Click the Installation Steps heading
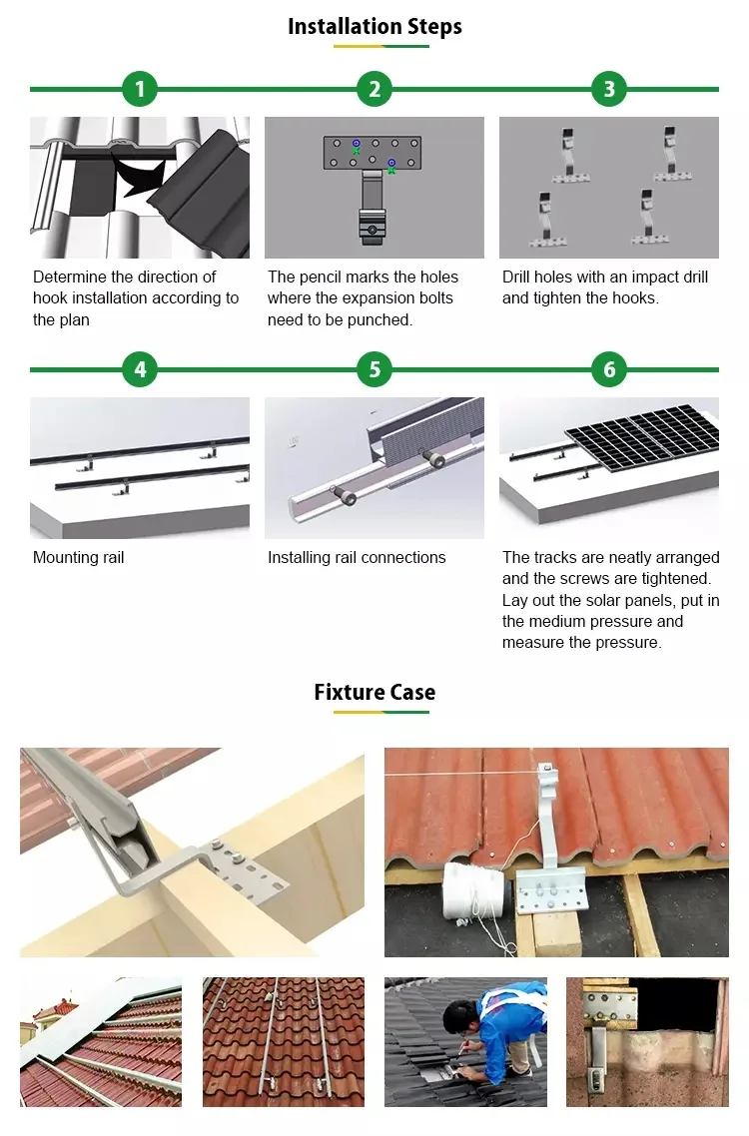374,27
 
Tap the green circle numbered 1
140,89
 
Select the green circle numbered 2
374,89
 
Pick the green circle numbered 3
609,89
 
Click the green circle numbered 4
140,369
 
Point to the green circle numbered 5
374,369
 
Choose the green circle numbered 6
609,369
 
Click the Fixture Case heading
374,692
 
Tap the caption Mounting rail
78,557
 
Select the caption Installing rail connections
357,557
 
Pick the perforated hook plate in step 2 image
373,152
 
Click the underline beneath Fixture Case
381,712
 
